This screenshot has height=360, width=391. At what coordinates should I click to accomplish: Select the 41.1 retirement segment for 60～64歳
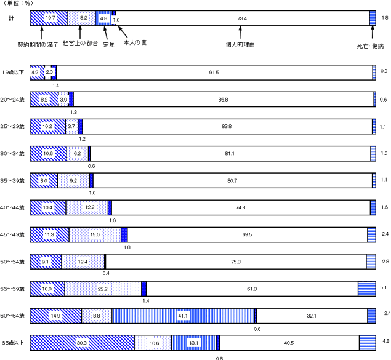[183, 316]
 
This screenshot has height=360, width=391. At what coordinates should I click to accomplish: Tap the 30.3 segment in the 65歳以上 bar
[83, 343]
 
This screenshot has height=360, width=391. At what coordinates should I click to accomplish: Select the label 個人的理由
[241, 44]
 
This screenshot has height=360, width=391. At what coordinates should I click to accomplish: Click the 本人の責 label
[135, 42]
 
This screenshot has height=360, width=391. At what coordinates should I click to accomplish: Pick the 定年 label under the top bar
[109, 45]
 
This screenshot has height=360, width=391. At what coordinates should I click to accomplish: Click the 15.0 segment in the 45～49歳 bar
[95, 234]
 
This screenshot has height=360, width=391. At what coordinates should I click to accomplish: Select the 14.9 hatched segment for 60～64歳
[56, 316]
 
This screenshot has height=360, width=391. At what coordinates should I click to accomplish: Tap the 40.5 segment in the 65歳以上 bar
[289, 343]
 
